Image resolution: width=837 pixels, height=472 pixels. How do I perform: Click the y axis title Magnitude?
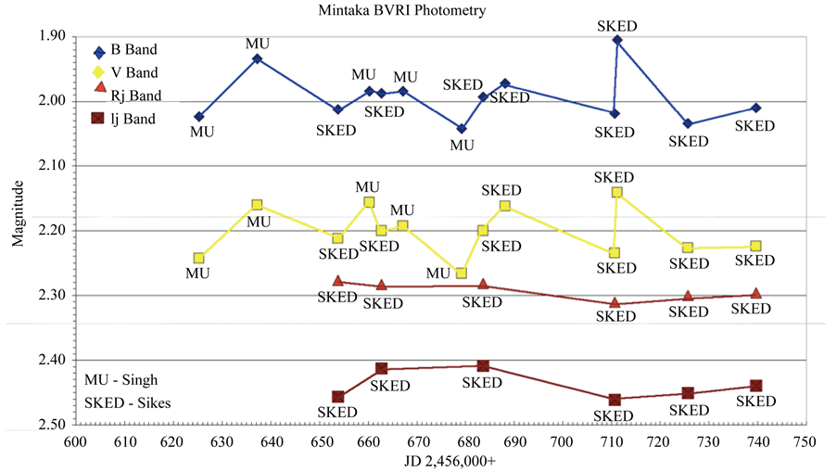tap(19, 213)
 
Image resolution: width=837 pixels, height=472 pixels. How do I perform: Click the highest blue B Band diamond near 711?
tap(617, 40)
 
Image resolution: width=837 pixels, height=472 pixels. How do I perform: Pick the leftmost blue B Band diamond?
tap(199, 116)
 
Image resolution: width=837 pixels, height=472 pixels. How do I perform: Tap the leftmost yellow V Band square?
tap(199, 258)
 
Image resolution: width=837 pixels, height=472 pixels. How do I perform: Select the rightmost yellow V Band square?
tap(756, 246)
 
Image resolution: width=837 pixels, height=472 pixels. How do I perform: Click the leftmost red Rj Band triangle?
tap(337, 281)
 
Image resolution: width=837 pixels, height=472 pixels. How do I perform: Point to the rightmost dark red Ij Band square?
tap(756, 386)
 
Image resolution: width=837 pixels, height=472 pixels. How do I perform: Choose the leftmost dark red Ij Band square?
tap(337, 397)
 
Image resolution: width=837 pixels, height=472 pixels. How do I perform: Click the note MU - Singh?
tap(120, 380)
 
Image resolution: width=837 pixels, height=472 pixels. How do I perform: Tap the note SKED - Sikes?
tap(127, 402)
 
